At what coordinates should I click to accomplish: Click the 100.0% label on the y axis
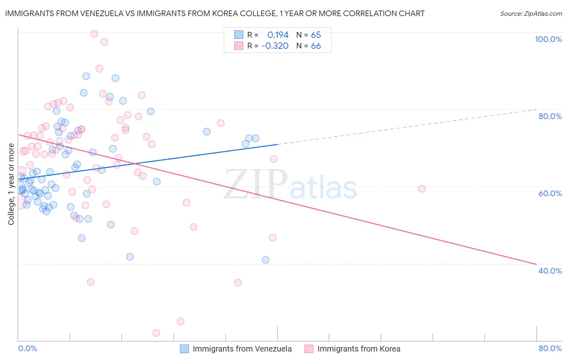coord(548,39)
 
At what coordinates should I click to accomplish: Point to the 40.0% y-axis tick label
coord(550,271)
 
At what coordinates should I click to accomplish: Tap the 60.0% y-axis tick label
coord(550,193)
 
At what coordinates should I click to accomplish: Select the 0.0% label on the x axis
coord(27,348)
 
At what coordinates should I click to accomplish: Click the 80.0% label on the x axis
coord(550,348)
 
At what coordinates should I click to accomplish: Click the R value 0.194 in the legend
coord(278,35)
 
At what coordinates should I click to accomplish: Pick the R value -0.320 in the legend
coord(275,46)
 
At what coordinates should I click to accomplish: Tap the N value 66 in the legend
coord(316,46)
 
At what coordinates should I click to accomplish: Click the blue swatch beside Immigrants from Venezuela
coord(184,349)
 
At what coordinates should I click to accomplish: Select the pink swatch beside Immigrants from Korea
coord(309,349)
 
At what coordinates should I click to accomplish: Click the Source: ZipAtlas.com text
coord(531,13)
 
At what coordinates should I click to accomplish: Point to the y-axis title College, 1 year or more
coord(11,184)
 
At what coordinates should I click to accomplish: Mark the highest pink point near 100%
coord(94,33)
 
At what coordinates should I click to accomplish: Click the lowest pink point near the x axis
coord(156,333)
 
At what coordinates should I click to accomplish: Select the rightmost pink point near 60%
coord(422,188)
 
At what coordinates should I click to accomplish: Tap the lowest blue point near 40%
coord(265,260)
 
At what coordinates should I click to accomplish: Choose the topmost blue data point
coord(86,76)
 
